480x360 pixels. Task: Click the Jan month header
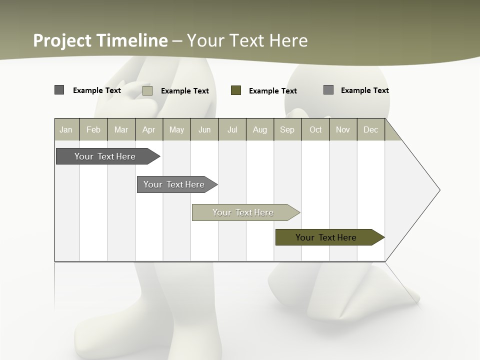point(66,129)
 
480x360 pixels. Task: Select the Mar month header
point(121,129)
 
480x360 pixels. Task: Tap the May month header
point(176,129)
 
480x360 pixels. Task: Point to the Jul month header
point(232,129)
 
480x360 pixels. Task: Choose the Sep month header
point(287,129)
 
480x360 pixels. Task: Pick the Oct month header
point(315,129)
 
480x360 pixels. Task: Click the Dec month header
point(370,129)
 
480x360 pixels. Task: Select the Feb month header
point(93,129)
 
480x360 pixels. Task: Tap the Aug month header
point(259,129)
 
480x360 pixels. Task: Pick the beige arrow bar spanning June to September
point(243,212)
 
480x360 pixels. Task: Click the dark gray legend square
point(59,90)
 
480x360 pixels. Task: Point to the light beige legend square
point(147,90)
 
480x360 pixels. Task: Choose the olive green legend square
point(236,90)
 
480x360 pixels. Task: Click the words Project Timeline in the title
point(100,40)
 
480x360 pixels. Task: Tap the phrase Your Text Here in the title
point(247,40)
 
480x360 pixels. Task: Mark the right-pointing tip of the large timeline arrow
point(438,189)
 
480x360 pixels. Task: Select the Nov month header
point(343,129)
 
